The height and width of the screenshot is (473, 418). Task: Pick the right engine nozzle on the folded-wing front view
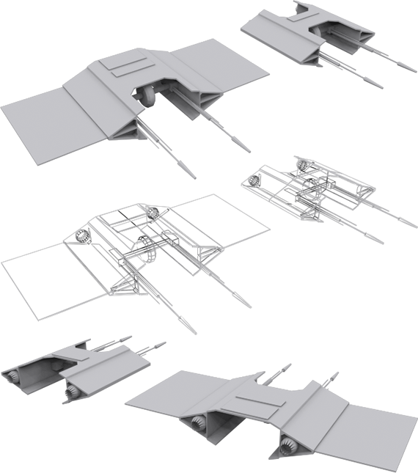coord(71,393)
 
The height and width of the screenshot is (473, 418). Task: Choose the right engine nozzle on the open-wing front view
coord(287,444)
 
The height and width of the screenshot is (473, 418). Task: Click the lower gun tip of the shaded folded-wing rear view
coord(379,86)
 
